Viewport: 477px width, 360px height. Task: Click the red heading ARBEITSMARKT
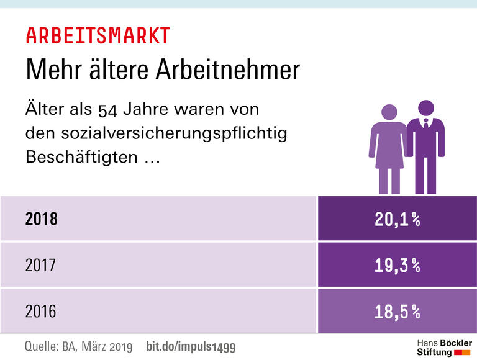[x=98, y=35]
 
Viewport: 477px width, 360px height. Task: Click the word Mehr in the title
[x=51, y=70]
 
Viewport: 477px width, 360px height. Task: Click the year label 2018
[x=41, y=218]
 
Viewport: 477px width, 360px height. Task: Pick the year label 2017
[x=40, y=265]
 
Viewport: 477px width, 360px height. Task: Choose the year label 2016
[x=40, y=311]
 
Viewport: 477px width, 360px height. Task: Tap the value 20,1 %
[x=397, y=218]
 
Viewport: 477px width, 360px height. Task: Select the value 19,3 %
[x=397, y=265]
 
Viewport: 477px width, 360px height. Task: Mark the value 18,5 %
[x=397, y=311]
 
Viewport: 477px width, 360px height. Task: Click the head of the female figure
[x=389, y=113]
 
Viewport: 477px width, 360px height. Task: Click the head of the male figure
[x=425, y=108]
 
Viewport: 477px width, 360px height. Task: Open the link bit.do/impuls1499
[x=191, y=346]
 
